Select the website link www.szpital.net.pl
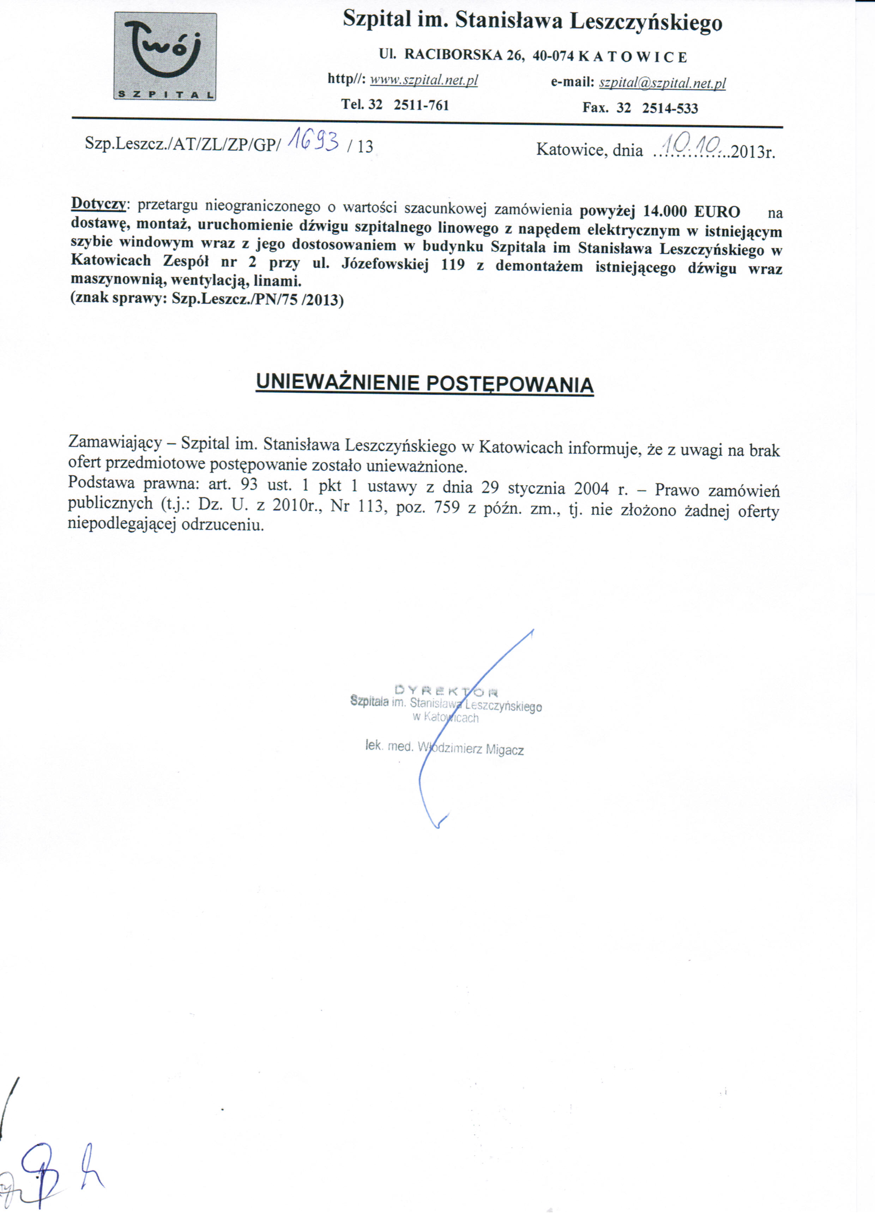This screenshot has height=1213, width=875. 424,80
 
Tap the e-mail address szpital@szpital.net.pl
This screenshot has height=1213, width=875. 662,83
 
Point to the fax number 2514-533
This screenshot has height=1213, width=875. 670,109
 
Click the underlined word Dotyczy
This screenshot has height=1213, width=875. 99,204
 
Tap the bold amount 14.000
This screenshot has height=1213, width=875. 664,211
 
